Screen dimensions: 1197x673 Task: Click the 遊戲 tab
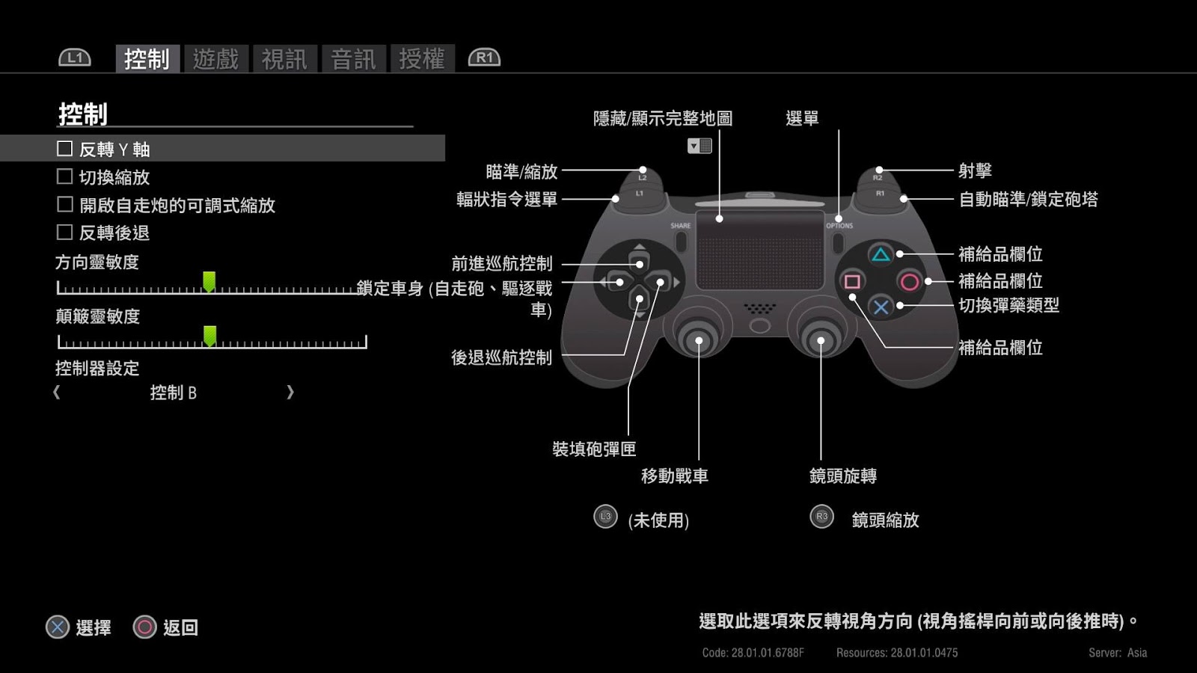(x=215, y=58)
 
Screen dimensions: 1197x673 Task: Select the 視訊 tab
(x=284, y=58)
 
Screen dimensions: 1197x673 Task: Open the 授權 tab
(x=422, y=58)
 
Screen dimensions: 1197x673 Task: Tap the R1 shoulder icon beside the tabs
(x=484, y=58)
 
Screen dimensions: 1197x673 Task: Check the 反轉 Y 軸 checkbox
(x=65, y=149)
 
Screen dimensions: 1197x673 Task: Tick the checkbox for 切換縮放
(x=65, y=176)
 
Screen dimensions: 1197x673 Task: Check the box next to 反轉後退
(x=65, y=233)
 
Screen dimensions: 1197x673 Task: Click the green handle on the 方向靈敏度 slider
(x=209, y=282)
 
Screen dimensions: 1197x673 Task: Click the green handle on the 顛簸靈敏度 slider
(x=209, y=336)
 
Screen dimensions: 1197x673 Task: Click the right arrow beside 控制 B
(x=290, y=393)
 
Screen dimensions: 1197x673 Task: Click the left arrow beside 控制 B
(x=57, y=393)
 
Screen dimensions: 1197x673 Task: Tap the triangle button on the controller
(x=881, y=255)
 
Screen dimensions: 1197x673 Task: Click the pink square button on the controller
(x=852, y=282)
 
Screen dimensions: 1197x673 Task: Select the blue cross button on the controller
(x=881, y=307)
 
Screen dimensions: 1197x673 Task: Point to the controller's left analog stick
(x=699, y=340)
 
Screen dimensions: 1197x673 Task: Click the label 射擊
(x=975, y=170)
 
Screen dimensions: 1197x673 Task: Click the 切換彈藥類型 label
(x=1008, y=305)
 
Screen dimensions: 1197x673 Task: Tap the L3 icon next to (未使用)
(x=605, y=516)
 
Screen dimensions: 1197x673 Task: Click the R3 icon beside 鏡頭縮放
(x=821, y=516)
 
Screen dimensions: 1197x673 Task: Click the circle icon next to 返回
(x=144, y=627)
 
